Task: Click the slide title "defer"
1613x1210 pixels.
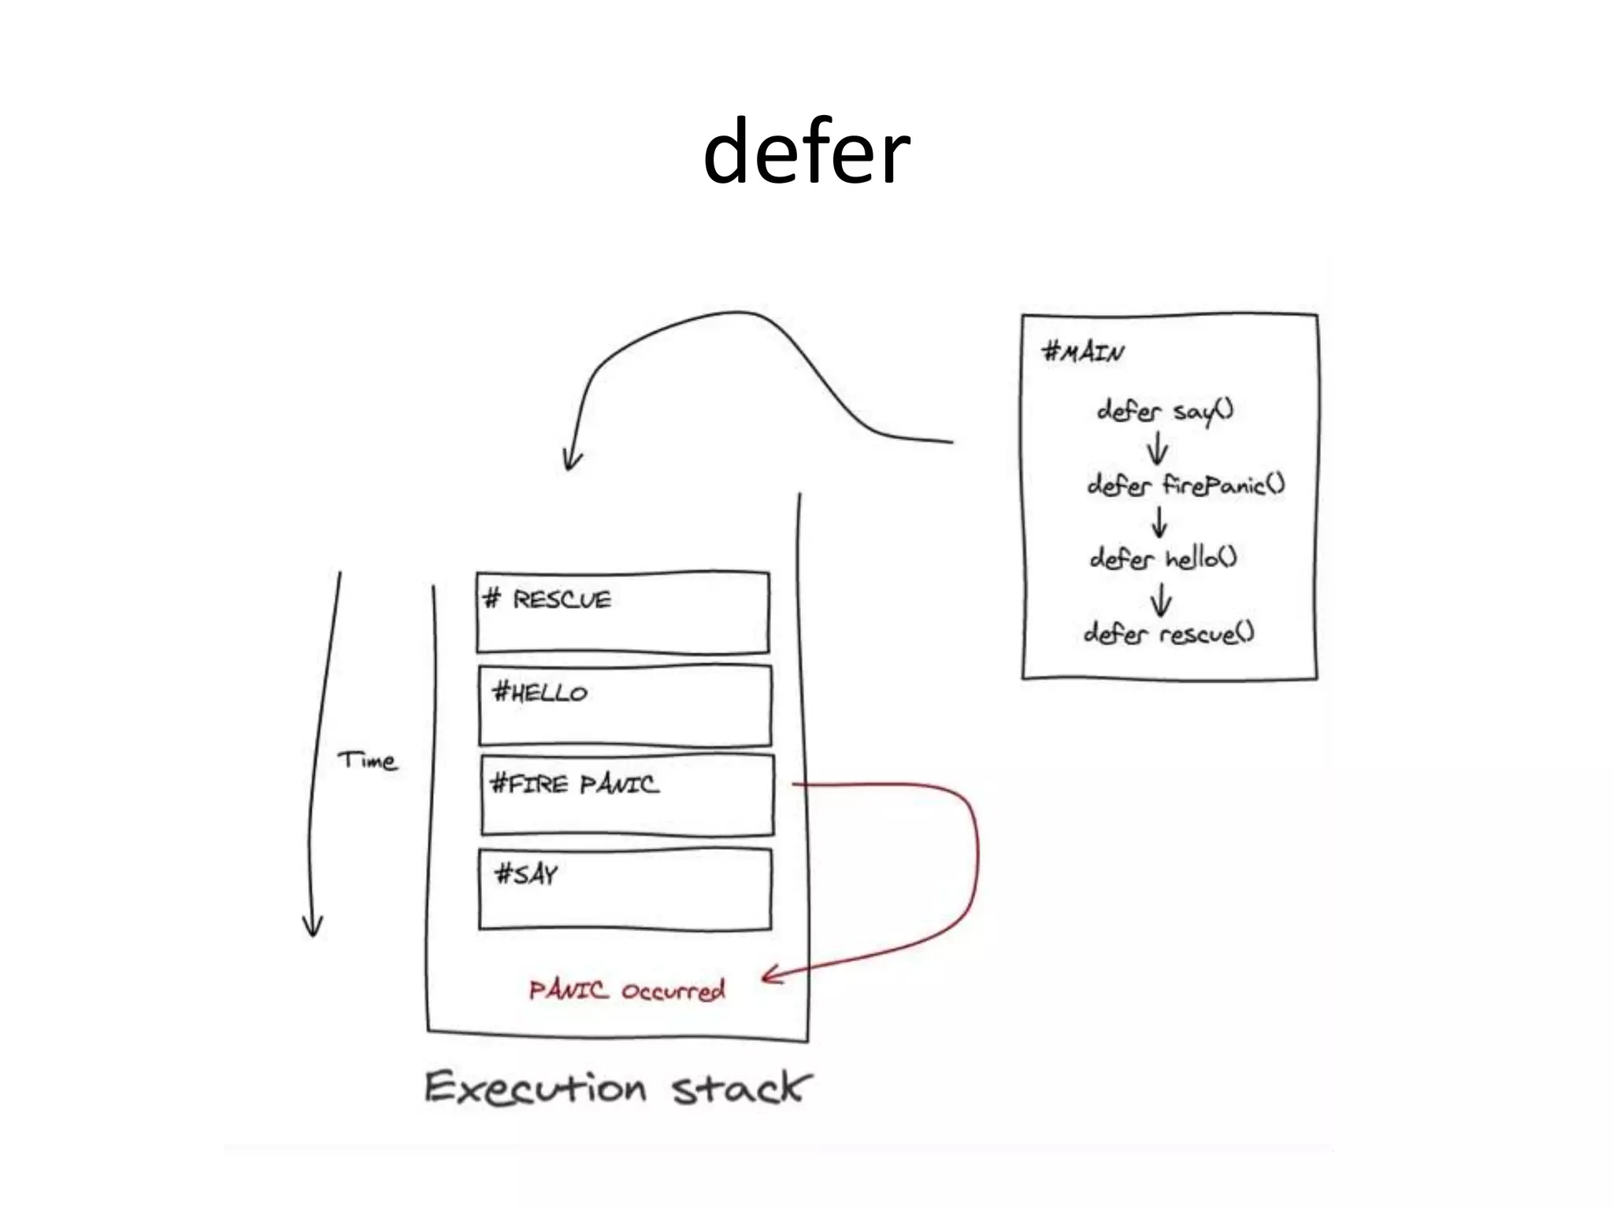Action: coord(806,152)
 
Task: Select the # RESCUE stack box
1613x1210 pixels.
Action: coord(622,612)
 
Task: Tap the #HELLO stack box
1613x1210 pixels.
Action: coord(625,705)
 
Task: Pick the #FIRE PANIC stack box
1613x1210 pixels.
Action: coord(627,795)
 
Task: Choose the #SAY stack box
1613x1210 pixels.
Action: coord(625,889)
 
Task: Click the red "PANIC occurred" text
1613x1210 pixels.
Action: coord(626,990)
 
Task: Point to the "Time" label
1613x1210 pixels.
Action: coord(367,761)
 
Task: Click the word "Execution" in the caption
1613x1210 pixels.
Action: coord(536,1089)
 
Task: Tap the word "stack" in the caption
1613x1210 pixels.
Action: coord(739,1089)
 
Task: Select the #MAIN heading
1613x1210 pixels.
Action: coord(1083,351)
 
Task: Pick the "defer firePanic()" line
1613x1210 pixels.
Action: coord(1185,484)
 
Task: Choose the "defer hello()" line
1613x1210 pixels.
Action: coord(1163,559)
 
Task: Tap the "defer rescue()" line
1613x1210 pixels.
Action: coord(1169,633)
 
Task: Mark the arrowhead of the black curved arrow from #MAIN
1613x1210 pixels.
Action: coord(572,461)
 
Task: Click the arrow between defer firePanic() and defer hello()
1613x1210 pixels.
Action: coord(1159,521)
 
